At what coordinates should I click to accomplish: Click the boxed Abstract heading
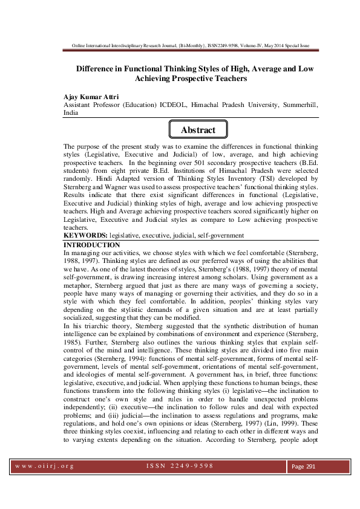(198, 130)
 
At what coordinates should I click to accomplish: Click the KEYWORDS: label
(85, 235)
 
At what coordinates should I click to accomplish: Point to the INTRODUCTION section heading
(92, 244)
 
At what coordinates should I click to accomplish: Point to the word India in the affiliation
(71, 112)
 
